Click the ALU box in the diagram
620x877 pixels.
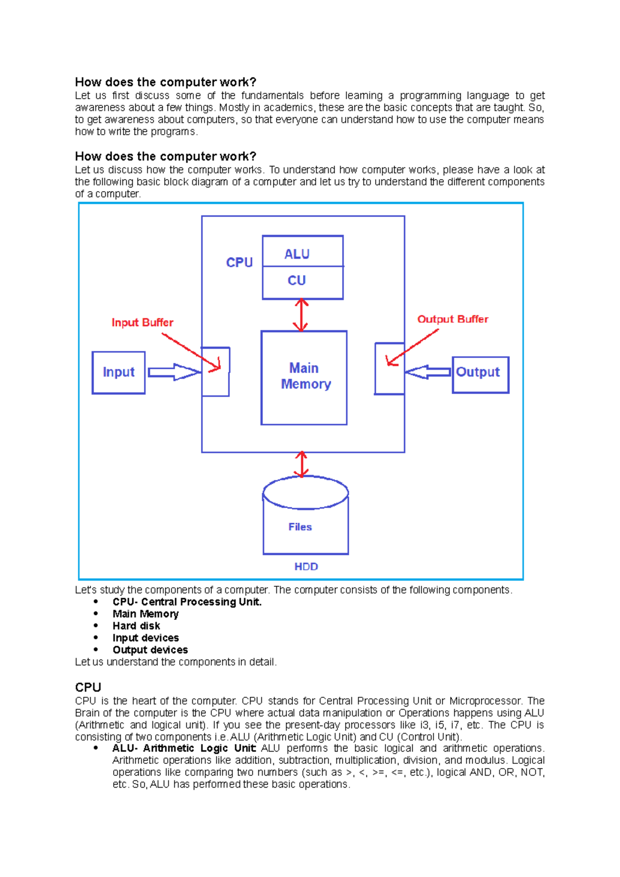point(302,252)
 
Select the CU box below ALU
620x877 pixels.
point(302,282)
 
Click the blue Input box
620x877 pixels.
point(118,372)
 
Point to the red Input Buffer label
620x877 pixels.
point(142,323)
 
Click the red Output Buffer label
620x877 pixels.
point(453,319)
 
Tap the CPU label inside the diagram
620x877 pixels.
point(239,262)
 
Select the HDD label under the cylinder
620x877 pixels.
point(306,567)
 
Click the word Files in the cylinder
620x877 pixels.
point(300,527)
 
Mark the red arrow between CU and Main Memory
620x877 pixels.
point(301,315)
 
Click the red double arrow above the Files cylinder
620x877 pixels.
point(301,464)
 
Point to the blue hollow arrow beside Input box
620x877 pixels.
point(173,372)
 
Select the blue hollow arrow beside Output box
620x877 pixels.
point(428,372)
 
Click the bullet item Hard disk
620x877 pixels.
point(136,626)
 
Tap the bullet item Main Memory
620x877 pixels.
point(146,614)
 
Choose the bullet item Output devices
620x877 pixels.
point(150,650)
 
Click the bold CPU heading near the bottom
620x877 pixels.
point(88,687)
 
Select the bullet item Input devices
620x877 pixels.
point(146,638)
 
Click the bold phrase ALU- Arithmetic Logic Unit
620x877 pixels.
point(184,748)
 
